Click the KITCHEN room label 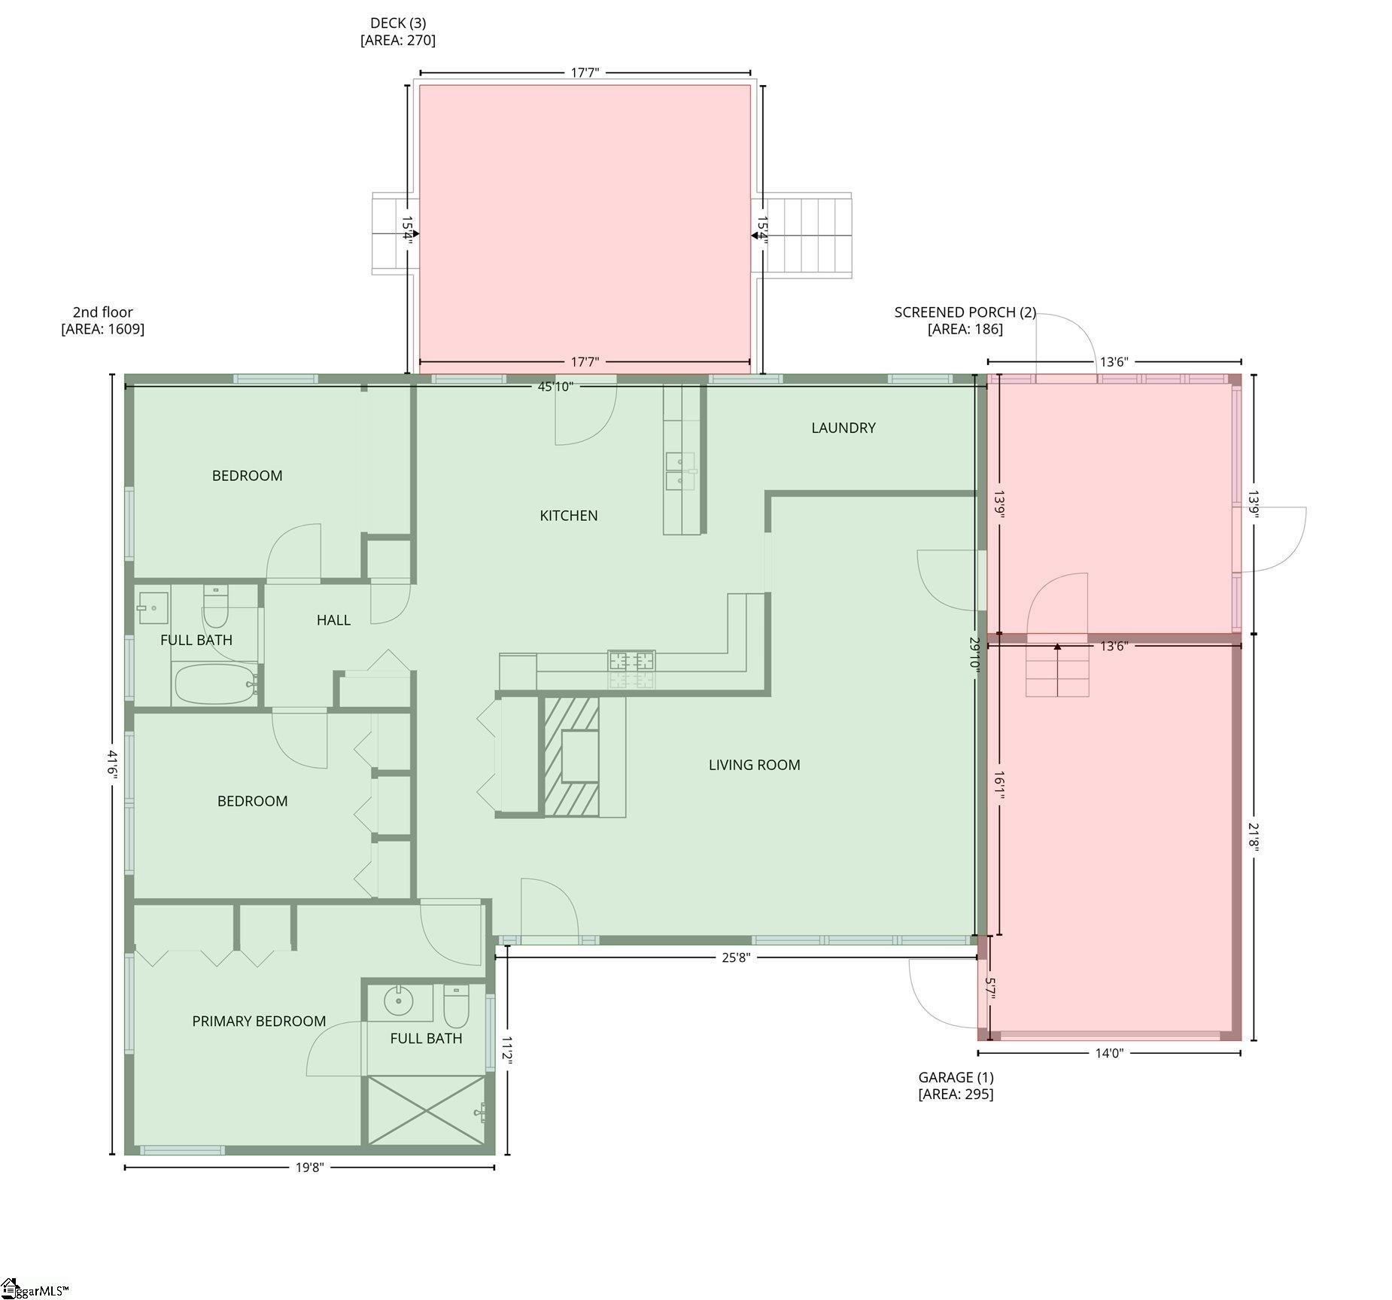pos(569,516)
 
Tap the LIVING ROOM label pos(754,765)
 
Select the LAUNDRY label pos(843,428)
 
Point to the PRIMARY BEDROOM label pos(259,1021)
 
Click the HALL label pos(333,620)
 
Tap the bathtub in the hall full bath pos(217,683)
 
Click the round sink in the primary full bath pos(399,1001)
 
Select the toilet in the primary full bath pos(456,1006)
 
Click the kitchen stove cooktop pos(631,661)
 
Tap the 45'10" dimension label pos(555,387)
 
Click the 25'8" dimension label pos(736,957)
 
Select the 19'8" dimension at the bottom pos(309,1168)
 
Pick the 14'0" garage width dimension pos(1109,1053)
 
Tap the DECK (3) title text pos(398,23)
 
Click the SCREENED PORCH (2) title pos(965,312)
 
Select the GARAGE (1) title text pos(956,1077)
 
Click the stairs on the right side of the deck pos(801,236)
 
